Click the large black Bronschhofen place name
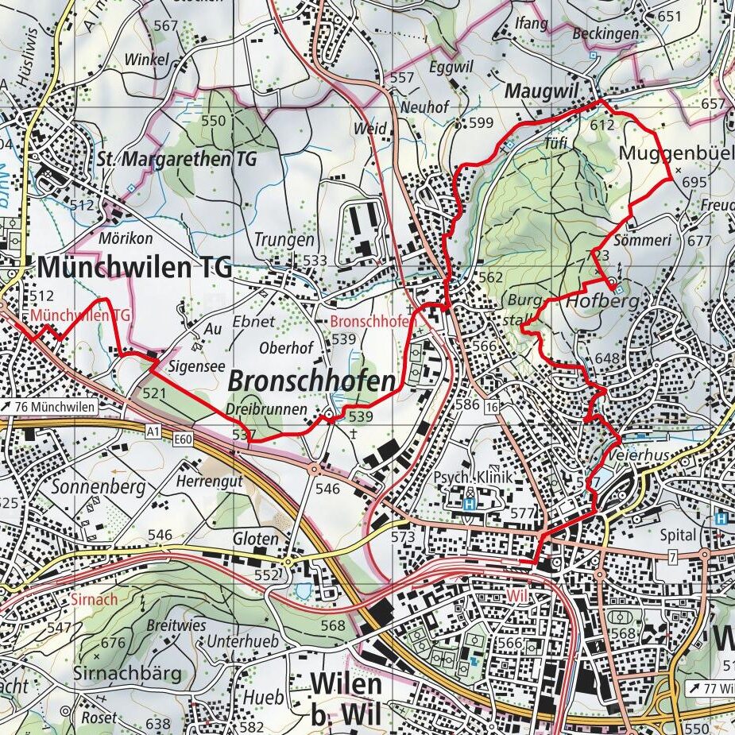[311, 381]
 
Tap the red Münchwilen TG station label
[81, 315]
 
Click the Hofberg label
[591, 302]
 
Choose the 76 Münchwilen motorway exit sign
[48, 408]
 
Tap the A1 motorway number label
[153, 430]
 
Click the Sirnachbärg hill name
[127, 674]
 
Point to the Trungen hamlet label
[284, 239]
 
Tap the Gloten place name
[255, 539]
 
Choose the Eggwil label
[445, 68]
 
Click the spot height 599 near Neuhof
[481, 122]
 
